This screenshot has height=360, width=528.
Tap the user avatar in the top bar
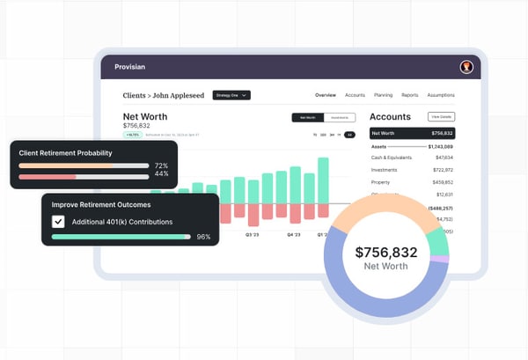click(x=466, y=66)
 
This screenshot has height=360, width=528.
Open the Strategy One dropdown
click(x=231, y=95)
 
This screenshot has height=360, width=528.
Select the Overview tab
click(x=326, y=95)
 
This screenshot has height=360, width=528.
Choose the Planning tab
click(x=382, y=95)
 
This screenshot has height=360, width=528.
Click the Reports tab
click(x=410, y=95)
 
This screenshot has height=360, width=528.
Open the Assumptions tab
click(x=441, y=95)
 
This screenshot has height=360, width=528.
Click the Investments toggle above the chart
click(x=341, y=117)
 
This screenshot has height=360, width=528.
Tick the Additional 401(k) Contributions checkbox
click(x=59, y=222)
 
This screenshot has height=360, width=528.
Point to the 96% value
click(x=203, y=237)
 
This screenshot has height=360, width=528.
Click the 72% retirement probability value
click(x=161, y=165)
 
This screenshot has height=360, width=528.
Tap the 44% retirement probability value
click(x=161, y=174)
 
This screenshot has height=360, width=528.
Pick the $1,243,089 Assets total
click(x=440, y=145)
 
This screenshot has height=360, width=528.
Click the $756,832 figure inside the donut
click(x=386, y=253)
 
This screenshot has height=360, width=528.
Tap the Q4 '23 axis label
click(x=296, y=235)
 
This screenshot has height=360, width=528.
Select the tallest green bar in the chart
click(x=323, y=180)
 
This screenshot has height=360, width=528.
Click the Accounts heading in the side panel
click(x=390, y=116)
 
